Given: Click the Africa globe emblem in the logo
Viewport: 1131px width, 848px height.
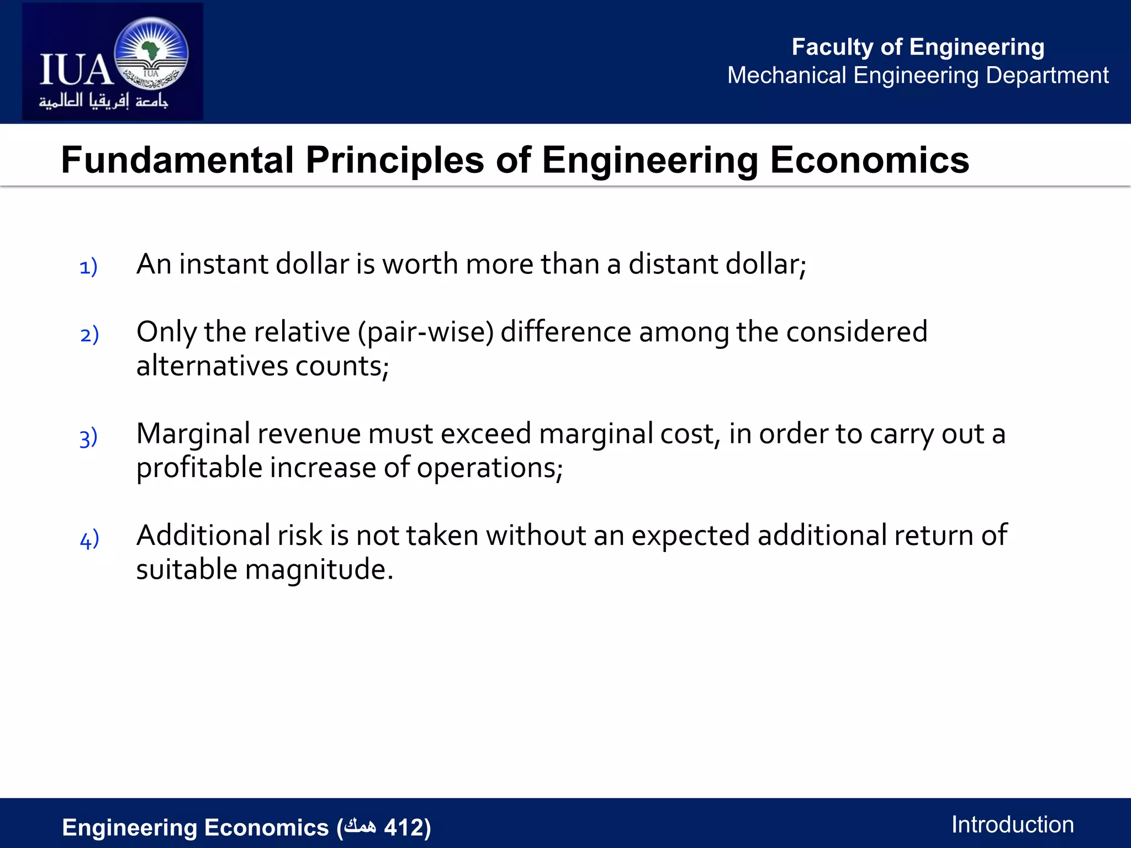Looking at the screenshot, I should click(151, 54).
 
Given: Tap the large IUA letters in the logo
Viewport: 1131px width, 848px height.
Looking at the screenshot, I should click(76, 70).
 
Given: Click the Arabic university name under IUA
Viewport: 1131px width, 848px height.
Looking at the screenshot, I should click(103, 101).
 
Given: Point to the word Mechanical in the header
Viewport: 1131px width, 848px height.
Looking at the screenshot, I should click(786, 75).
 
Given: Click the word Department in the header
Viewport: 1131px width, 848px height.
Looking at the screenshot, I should click(1047, 75).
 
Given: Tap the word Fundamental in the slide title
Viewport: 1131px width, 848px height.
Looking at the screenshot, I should click(177, 160).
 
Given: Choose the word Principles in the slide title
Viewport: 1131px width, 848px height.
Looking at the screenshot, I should click(395, 160).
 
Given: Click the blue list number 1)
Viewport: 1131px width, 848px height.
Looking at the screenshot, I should click(88, 267).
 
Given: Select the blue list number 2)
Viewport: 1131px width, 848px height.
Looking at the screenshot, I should click(89, 335).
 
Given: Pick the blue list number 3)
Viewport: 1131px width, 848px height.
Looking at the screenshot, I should click(88, 437).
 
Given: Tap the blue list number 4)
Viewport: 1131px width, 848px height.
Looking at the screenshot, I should click(89, 539).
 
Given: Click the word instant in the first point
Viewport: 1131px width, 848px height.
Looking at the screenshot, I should click(224, 264).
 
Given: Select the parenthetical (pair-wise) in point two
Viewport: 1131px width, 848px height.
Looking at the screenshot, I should click(425, 332).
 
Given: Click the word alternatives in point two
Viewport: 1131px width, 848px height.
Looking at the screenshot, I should click(212, 366).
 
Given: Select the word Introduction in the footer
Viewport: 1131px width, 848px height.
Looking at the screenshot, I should click(1012, 824).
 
